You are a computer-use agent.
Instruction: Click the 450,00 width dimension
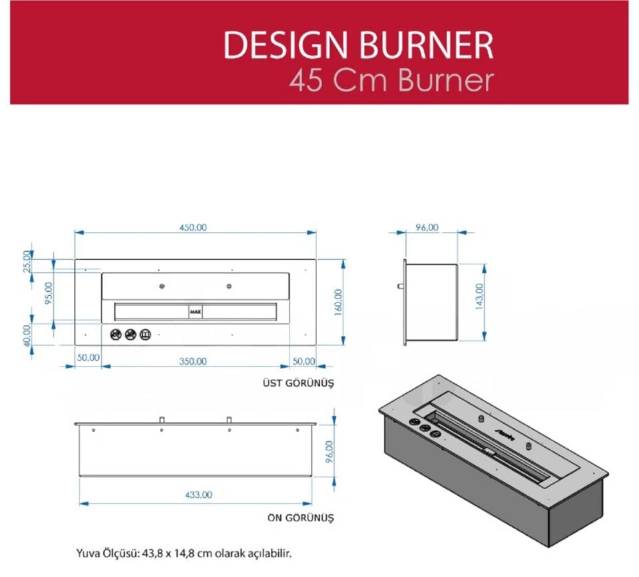(194, 227)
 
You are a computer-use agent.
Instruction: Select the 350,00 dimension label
(193, 360)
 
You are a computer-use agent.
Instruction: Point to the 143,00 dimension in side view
(479, 301)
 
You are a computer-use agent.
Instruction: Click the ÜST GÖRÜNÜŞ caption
(298, 384)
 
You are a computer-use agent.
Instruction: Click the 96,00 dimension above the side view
(427, 227)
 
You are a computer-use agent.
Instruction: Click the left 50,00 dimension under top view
(88, 357)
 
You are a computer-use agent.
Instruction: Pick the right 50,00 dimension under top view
(303, 360)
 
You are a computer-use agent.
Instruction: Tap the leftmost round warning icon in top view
(115, 334)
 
